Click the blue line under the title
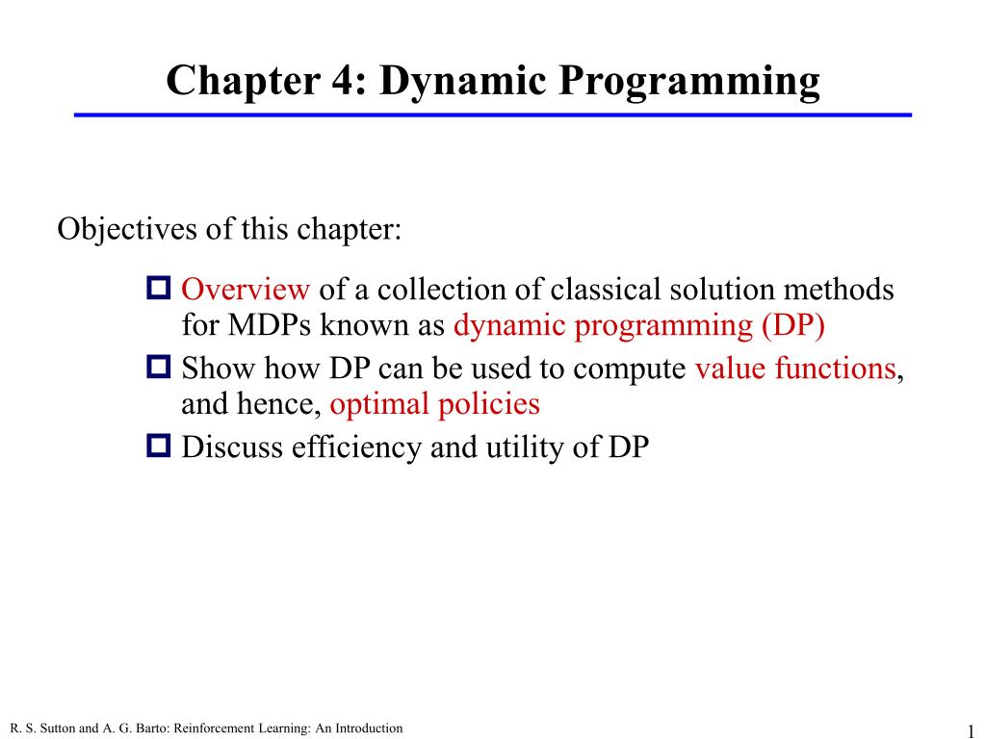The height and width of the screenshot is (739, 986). coord(493,115)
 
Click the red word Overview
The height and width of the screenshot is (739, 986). coord(246,290)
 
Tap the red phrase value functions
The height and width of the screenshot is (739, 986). coord(794,369)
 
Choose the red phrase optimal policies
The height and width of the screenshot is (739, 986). coord(434,404)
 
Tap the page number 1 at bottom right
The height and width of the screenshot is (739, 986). coord(972,727)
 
